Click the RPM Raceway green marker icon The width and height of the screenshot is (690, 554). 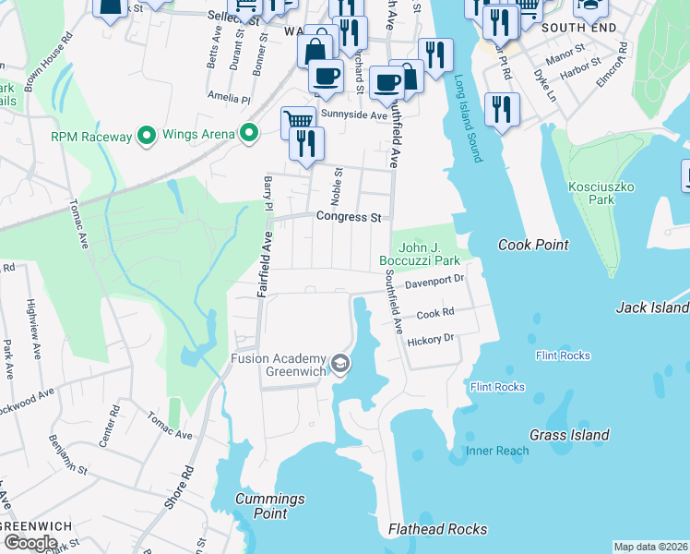click(x=146, y=137)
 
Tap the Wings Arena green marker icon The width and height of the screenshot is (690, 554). click(x=248, y=135)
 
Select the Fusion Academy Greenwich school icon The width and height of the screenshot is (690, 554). click(x=340, y=365)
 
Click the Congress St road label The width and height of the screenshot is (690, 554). click(x=349, y=218)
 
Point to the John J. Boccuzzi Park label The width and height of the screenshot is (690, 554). click(x=420, y=254)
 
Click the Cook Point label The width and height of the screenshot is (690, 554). click(x=533, y=245)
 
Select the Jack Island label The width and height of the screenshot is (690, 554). click(x=652, y=307)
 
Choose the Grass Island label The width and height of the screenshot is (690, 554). click(x=569, y=435)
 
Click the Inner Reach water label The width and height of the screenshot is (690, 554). click(x=497, y=452)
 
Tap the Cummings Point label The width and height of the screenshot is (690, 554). click(x=269, y=506)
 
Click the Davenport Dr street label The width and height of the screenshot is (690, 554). click(x=434, y=278)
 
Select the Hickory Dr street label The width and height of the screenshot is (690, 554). click(x=431, y=340)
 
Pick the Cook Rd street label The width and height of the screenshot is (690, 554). click(x=435, y=314)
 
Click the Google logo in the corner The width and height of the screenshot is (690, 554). click(x=30, y=543)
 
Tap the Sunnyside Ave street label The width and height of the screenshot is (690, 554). click(x=354, y=115)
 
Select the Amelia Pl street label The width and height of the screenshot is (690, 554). click(x=230, y=97)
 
